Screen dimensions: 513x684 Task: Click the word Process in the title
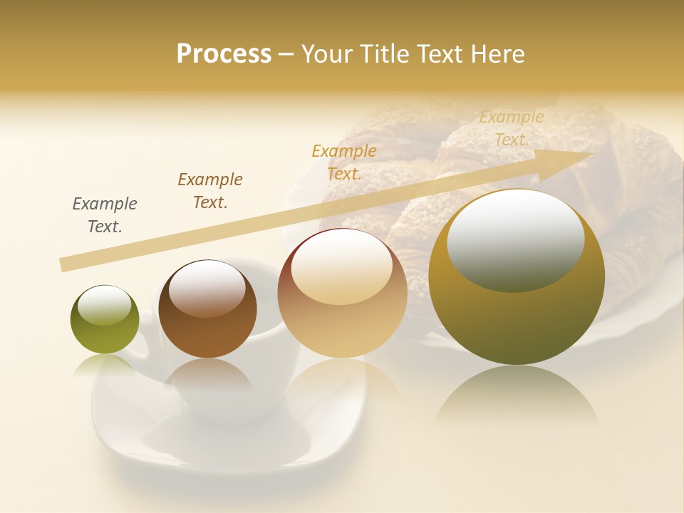pos(224,54)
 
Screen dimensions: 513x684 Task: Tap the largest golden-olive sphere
pos(517,313)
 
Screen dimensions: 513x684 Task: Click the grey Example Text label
pos(105,215)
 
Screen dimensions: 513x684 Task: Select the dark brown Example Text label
pos(210,191)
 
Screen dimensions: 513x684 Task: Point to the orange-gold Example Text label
pos(344,162)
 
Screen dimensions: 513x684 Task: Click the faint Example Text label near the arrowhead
pos(512,128)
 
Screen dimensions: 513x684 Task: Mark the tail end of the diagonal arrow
pos(64,265)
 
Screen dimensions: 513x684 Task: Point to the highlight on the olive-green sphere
pos(104,305)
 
